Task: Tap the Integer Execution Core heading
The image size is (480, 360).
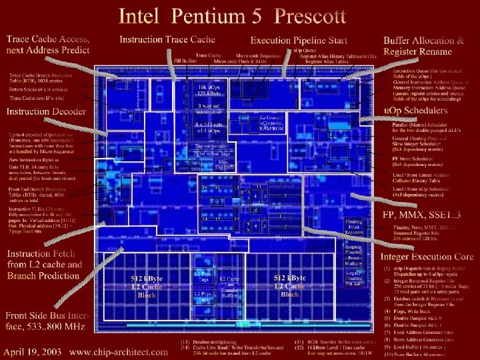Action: (427, 256)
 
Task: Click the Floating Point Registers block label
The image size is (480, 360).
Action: (353, 227)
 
